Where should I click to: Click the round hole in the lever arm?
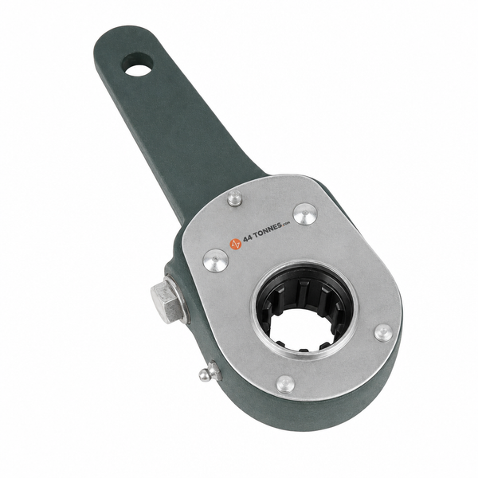pos(139,66)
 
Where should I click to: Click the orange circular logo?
pos(235,243)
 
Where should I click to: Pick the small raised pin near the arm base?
pos(234,198)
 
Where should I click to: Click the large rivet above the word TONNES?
pos(305,214)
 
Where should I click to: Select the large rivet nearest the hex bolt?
pos(216,260)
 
